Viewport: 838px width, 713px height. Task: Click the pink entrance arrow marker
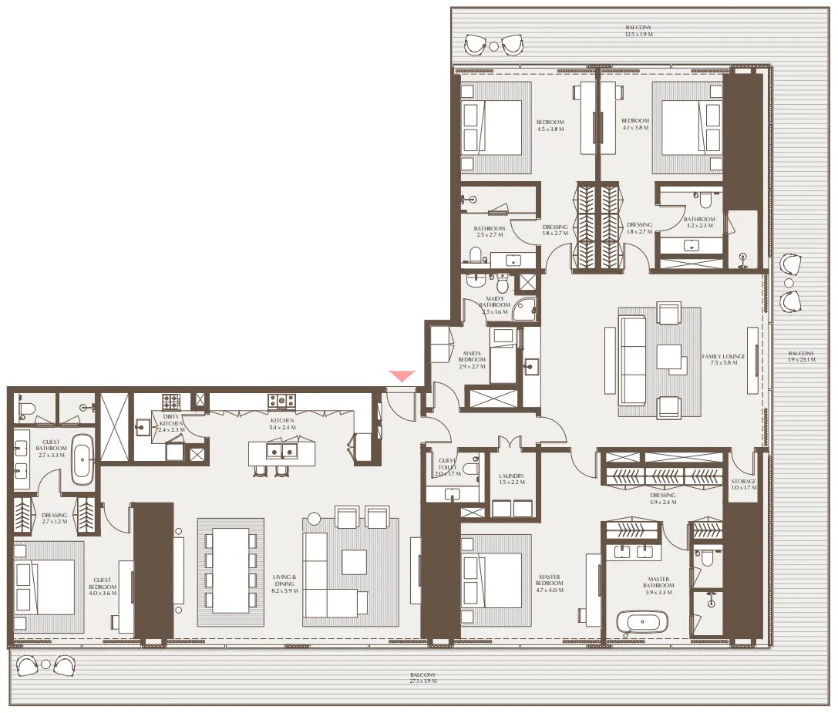point(402,375)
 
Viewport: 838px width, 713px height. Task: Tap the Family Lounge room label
point(723,360)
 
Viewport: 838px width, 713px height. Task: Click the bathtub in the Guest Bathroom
point(81,460)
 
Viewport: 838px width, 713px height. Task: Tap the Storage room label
point(744,485)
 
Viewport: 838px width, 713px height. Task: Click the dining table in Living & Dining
point(231,570)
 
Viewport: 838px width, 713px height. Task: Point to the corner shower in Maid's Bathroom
point(526,308)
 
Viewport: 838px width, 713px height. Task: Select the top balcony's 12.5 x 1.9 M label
point(639,31)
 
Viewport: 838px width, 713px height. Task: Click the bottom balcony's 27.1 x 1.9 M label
point(423,678)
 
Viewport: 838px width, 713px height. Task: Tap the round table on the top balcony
point(493,46)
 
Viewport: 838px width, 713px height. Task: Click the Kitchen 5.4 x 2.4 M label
point(282,423)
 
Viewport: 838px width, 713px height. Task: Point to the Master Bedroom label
point(550,583)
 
